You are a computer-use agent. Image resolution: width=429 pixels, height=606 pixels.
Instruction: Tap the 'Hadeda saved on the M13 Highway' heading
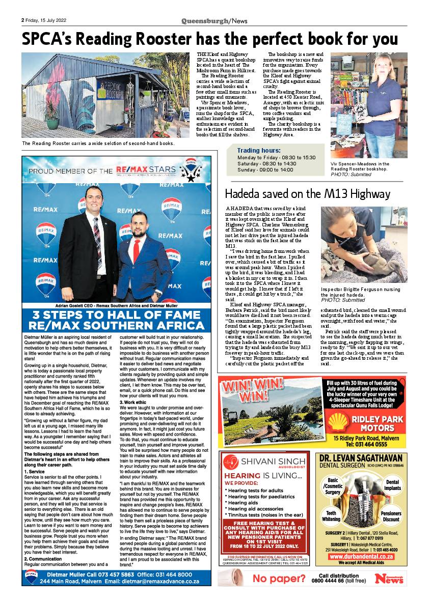[x=308, y=194]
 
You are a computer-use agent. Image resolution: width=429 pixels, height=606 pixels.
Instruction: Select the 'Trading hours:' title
[x=259, y=151]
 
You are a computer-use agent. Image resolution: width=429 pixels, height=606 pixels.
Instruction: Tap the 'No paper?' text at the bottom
[x=279, y=579]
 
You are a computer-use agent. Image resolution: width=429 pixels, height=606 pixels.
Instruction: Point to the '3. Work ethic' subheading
[x=133, y=402]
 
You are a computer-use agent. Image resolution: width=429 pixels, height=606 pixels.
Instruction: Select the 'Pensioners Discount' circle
[x=391, y=516]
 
